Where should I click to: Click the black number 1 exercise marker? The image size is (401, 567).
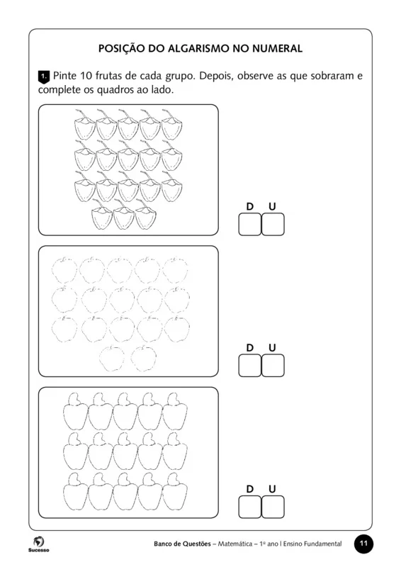(x=43, y=76)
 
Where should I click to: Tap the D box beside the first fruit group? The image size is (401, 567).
(x=249, y=224)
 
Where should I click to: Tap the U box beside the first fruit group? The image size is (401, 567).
(x=273, y=224)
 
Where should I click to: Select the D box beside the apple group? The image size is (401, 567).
(x=249, y=365)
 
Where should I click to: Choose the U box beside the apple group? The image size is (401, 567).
(x=273, y=365)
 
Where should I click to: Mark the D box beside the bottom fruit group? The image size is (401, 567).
(x=249, y=507)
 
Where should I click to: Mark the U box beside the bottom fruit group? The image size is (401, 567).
(x=273, y=507)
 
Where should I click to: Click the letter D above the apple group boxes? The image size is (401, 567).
(x=249, y=347)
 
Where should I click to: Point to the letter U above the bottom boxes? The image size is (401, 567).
(x=273, y=489)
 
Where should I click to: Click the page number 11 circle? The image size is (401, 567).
(x=363, y=544)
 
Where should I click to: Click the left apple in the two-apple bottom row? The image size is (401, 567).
(x=112, y=359)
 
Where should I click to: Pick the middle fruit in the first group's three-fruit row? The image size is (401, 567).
(x=124, y=218)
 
